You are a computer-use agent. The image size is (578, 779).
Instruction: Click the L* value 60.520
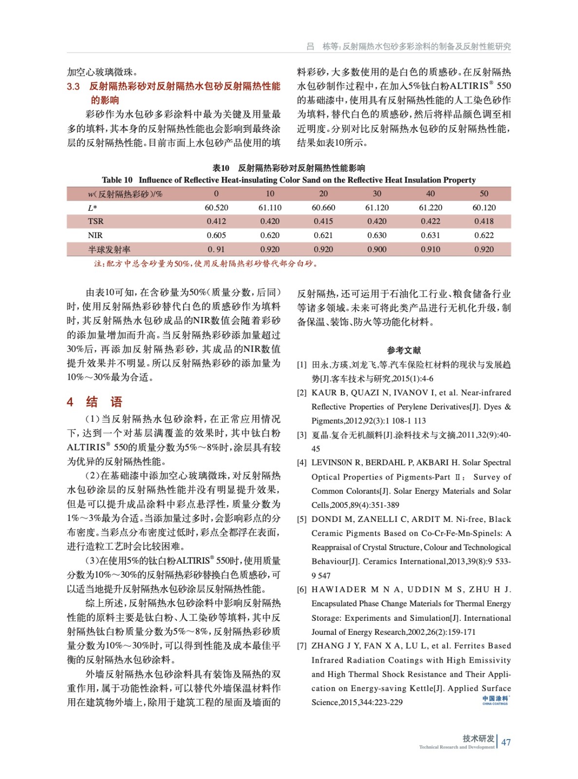[x=216, y=207]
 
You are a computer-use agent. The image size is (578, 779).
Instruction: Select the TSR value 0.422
[x=430, y=221]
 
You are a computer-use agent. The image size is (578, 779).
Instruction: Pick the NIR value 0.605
[x=216, y=235]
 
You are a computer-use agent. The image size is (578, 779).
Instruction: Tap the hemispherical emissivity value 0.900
[x=376, y=249]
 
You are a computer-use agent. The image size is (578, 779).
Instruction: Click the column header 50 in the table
[x=484, y=193]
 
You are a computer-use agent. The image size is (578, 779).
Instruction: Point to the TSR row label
[x=95, y=221]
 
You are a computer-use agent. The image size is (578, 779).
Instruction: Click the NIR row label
[x=95, y=235]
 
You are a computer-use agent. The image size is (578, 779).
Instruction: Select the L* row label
[x=92, y=207]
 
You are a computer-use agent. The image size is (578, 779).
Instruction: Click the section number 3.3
[x=74, y=87]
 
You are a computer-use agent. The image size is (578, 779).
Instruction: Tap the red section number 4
[x=70, y=402]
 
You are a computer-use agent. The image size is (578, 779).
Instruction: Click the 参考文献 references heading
[x=404, y=350]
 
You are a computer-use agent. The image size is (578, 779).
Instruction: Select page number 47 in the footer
[x=506, y=742]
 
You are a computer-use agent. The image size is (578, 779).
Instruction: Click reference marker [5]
[x=302, y=519]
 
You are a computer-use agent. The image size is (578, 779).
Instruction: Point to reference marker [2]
[x=302, y=393]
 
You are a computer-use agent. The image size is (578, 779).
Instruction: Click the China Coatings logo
[x=495, y=700]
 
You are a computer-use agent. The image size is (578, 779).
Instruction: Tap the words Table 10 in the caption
[x=117, y=180]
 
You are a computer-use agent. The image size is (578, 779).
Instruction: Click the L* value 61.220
[x=430, y=207]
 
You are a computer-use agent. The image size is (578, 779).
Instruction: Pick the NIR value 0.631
[x=430, y=235]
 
